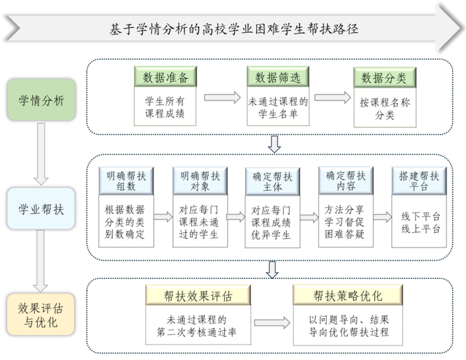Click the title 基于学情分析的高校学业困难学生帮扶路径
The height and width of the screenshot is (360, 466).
pyautogui.click(x=234, y=29)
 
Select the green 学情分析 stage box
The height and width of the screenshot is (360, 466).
pyautogui.click(x=41, y=101)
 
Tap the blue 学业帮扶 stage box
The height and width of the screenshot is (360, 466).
pyautogui.click(x=41, y=208)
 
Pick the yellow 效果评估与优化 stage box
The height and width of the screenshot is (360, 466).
pyautogui.click(x=41, y=315)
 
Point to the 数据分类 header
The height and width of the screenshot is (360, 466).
pyautogui.click(x=383, y=78)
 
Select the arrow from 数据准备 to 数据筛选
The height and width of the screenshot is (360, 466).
pyautogui.click(x=222, y=98)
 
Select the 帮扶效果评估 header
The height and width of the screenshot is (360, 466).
pyautogui.click(x=198, y=295)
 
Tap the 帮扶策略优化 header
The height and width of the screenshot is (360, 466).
pyautogui.click(x=348, y=295)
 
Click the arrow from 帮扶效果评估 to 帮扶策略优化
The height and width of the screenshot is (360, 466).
pyautogui.click(x=272, y=323)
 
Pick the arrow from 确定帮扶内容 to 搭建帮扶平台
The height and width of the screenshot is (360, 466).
pyautogui.click(x=382, y=217)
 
